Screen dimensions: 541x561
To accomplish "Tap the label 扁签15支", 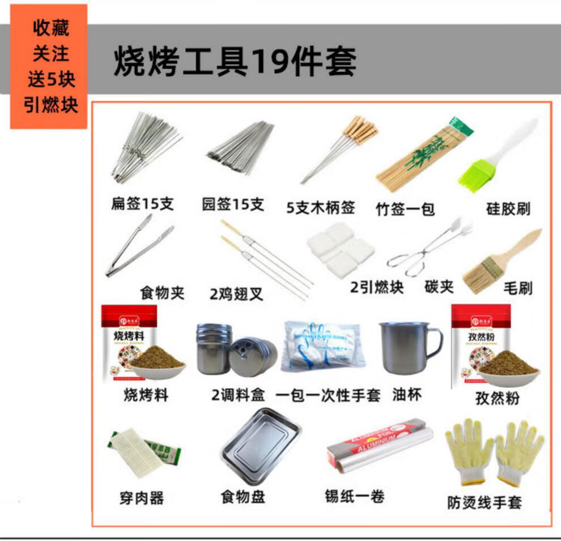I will pyautogui.click(x=142, y=204).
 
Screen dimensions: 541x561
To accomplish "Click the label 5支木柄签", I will pyautogui.click(x=321, y=208).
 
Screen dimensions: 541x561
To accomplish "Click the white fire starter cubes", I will pyautogui.click(x=341, y=249).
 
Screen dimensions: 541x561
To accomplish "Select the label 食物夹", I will pyautogui.click(x=162, y=293).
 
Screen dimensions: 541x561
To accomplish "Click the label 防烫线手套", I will pyautogui.click(x=484, y=502).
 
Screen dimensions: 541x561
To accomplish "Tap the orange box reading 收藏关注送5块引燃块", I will pyautogui.click(x=49, y=67).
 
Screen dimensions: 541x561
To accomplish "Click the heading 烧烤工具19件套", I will pyautogui.click(x=235, y=61).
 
